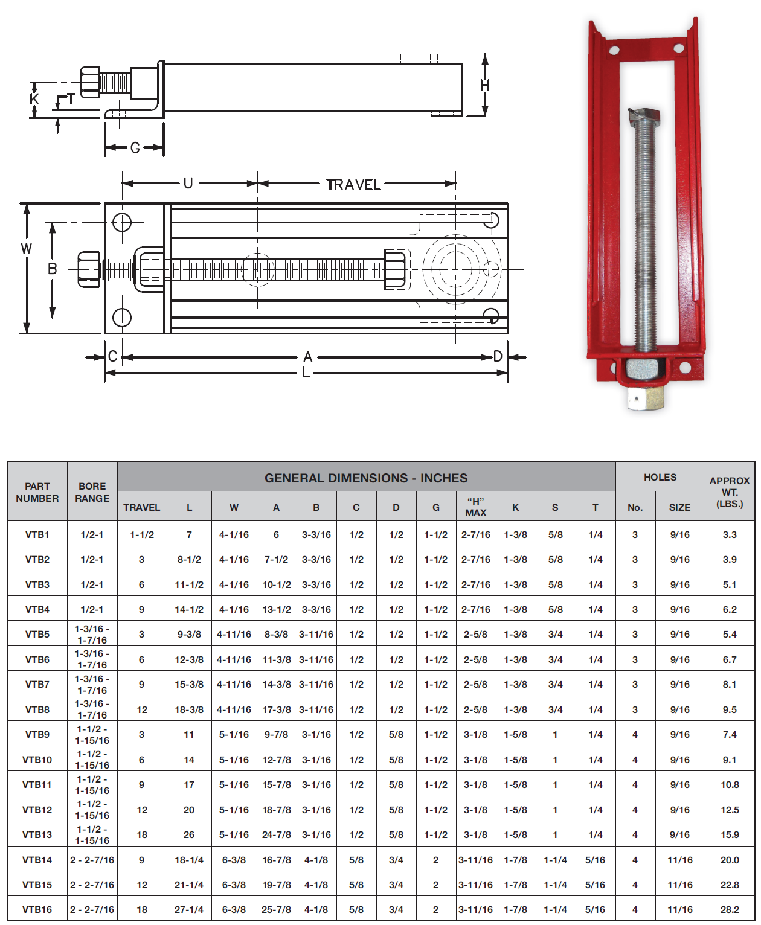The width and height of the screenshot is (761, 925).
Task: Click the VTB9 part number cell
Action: click(x=37, y=734)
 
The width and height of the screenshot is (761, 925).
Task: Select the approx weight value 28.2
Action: click(x=730, y=909)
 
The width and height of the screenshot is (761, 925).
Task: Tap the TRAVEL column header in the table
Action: click(x=141, y=507)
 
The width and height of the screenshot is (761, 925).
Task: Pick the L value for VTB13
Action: click(x=188, y=834)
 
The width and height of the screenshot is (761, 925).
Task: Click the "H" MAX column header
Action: click(x=476, y=507)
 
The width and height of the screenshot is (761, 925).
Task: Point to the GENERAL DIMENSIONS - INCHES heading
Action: click(x=366, y=478)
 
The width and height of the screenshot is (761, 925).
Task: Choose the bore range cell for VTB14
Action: click(x=92, y=860)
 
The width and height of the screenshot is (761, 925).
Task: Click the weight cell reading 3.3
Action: click(x=730, y=534)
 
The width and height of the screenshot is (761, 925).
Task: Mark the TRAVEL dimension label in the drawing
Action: click(x=353, y=185)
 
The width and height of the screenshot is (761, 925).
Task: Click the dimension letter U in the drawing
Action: click(x=188, y=184)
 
